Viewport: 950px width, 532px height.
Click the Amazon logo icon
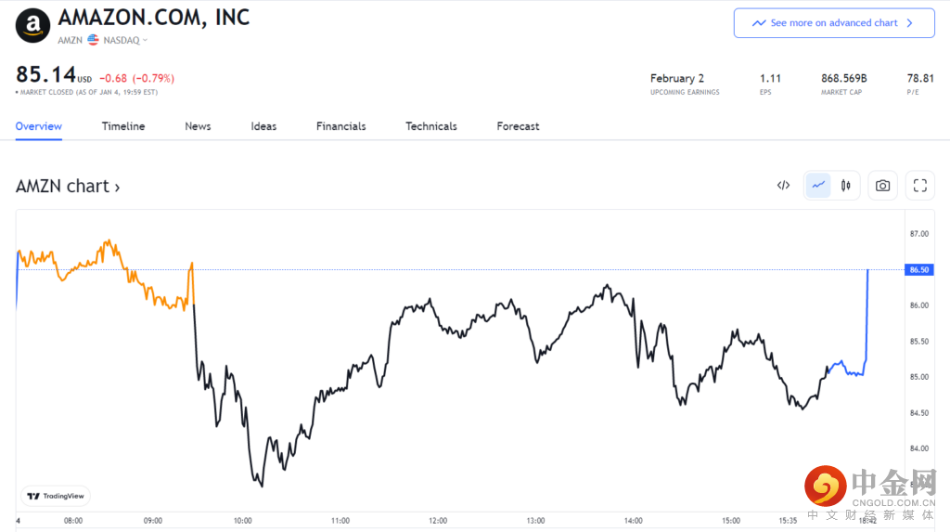click(x=33, y=25)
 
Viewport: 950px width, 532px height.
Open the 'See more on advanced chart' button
click(x=833, y=23)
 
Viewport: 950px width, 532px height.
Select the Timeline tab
click(x=123, y=126)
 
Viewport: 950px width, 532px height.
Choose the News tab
click(x=198, y=126)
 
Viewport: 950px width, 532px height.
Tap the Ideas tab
click(x=263, y=126)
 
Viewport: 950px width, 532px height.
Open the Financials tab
click(x=340, y=126)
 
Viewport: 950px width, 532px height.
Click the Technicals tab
click(x=430, y=126)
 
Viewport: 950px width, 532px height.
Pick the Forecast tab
click(x=518, y=126)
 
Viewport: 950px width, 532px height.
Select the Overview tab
click(x=38, y=126)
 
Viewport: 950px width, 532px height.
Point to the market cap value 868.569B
click(x=843, y=79)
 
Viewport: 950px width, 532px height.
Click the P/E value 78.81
click(x=920, y=79)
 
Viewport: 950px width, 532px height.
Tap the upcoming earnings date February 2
click(x=676, y=79)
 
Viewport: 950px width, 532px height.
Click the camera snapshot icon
click(x=882, y=186)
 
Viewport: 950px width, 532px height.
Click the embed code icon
click(x=783, y=186)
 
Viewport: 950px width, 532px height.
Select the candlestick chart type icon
click(x=845, y=186)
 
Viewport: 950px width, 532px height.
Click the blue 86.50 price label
click(x=919, y=269)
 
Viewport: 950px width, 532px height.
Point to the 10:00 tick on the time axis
click(x=243, y=521)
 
